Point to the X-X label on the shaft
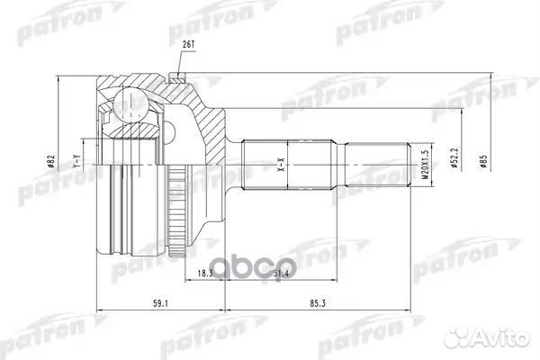pos(281,167)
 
